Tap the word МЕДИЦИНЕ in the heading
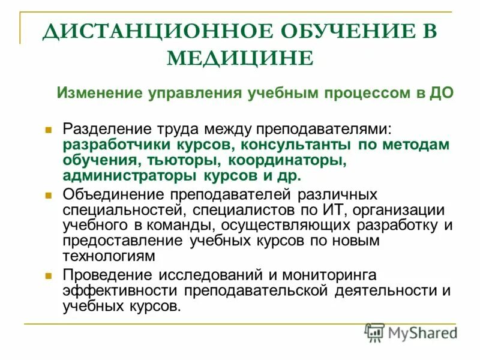(x=239, y=58)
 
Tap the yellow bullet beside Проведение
(x=49, y=275)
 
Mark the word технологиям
(x=109, y=256)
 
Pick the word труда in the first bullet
(x=173, y=130)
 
